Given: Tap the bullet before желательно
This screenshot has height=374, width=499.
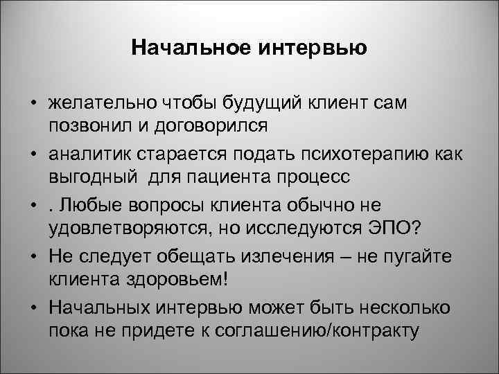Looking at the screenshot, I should coord(33,105).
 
